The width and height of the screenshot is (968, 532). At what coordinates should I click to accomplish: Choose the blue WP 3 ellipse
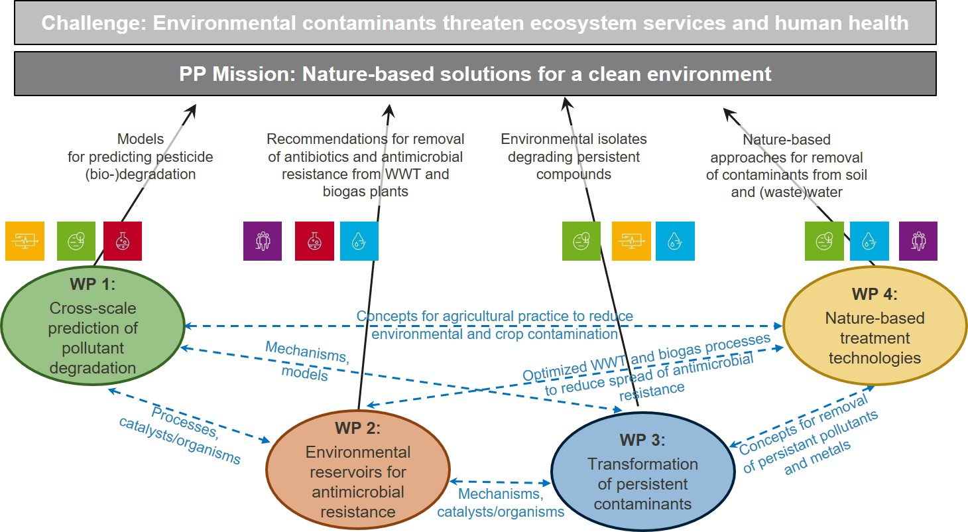642,470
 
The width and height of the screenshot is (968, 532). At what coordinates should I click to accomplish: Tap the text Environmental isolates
574,139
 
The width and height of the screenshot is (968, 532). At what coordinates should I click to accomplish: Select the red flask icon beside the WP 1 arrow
123,241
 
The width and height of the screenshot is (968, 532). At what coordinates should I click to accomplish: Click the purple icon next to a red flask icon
263,241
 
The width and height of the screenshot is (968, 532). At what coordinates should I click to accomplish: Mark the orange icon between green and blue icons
631,241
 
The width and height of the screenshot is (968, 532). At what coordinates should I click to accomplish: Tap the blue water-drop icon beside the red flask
359,241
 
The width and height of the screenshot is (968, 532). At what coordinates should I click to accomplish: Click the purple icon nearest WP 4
918,241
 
